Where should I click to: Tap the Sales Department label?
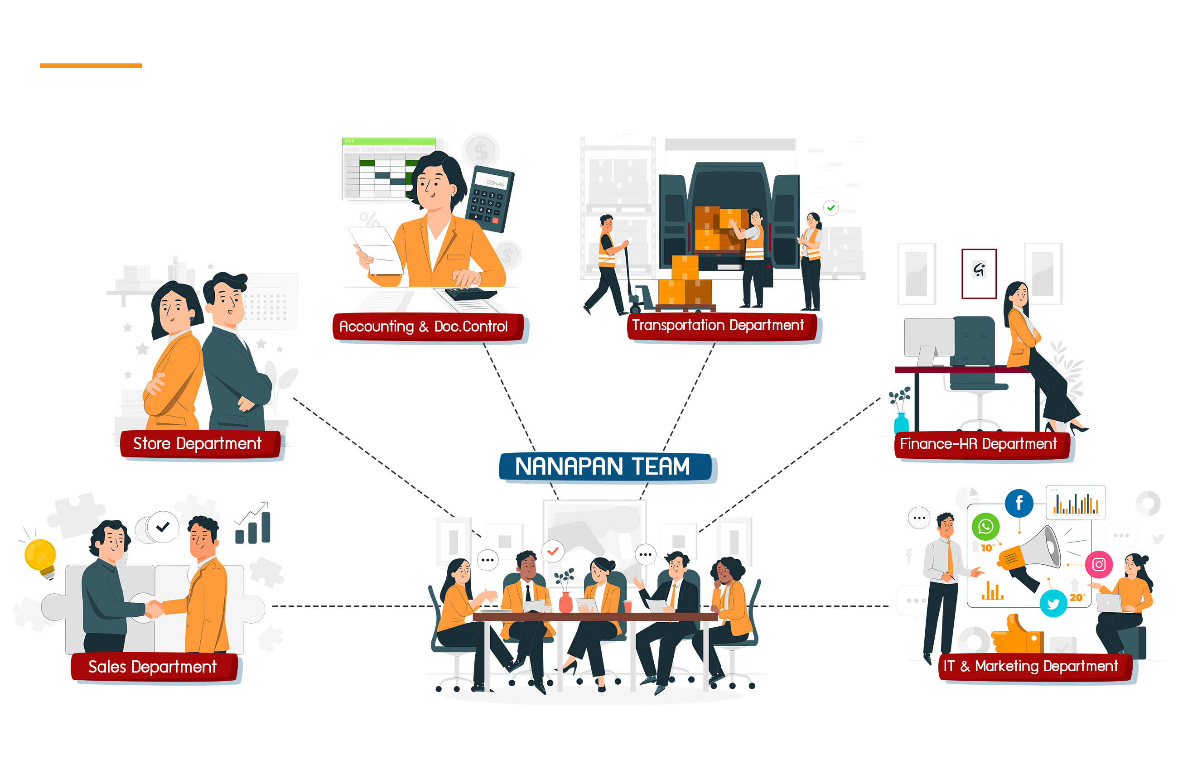tap(155, 668)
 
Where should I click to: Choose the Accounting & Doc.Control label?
tap(429, 327)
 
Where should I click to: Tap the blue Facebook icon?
tap(1019, 503)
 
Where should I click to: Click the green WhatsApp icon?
tap(985, 526)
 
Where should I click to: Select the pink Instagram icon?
tap(1099, 564)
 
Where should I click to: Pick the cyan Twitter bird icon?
tap(1053, 603)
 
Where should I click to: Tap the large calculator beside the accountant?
tap(489, 199)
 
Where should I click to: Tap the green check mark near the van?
tap(831, 208)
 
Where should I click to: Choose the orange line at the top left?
tap(91, 65)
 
